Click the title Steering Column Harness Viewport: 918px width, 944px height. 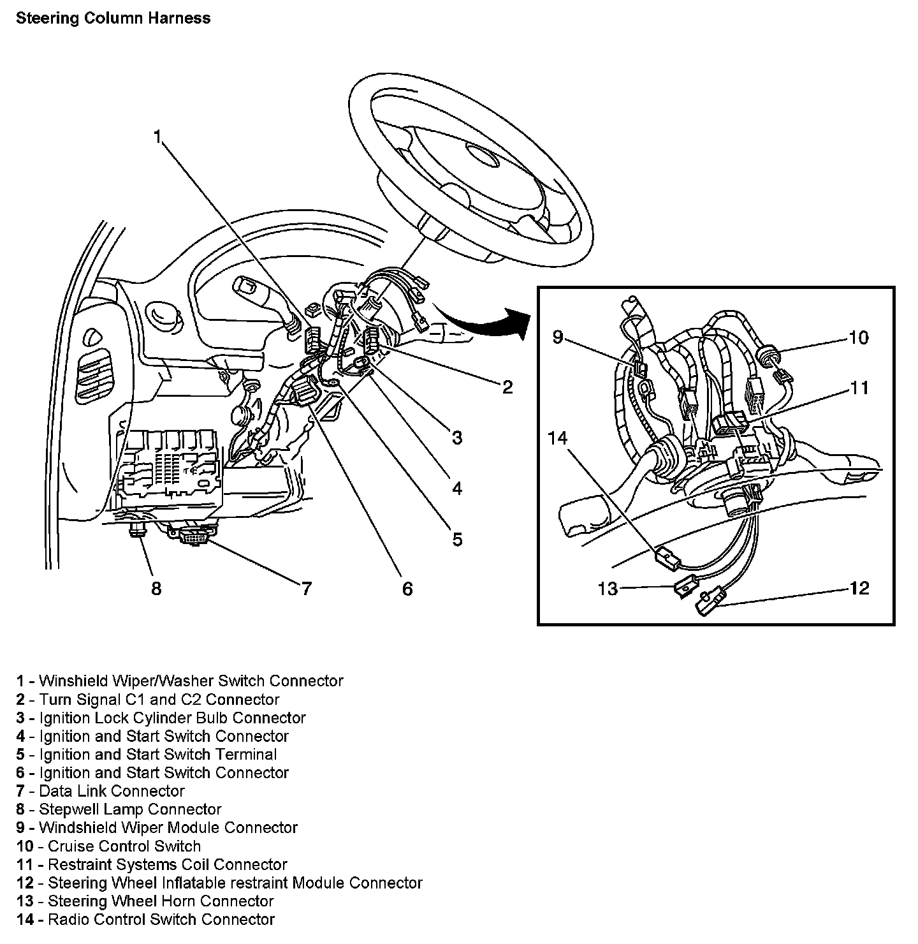point(113,18)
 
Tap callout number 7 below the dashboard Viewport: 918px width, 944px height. point(306,587)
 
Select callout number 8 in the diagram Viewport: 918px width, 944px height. point(156,587)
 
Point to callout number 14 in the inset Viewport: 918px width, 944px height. point(557,438)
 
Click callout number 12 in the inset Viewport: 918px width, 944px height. point(859,587)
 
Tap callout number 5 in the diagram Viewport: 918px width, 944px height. point(457,539)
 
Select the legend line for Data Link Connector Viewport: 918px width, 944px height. point(101,791)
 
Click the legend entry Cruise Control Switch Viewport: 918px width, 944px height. point(109,846)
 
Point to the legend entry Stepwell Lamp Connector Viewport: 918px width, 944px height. point(119,809)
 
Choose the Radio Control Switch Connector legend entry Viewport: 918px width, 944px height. point(146,919)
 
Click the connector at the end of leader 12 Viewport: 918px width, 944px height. point(710,602)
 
